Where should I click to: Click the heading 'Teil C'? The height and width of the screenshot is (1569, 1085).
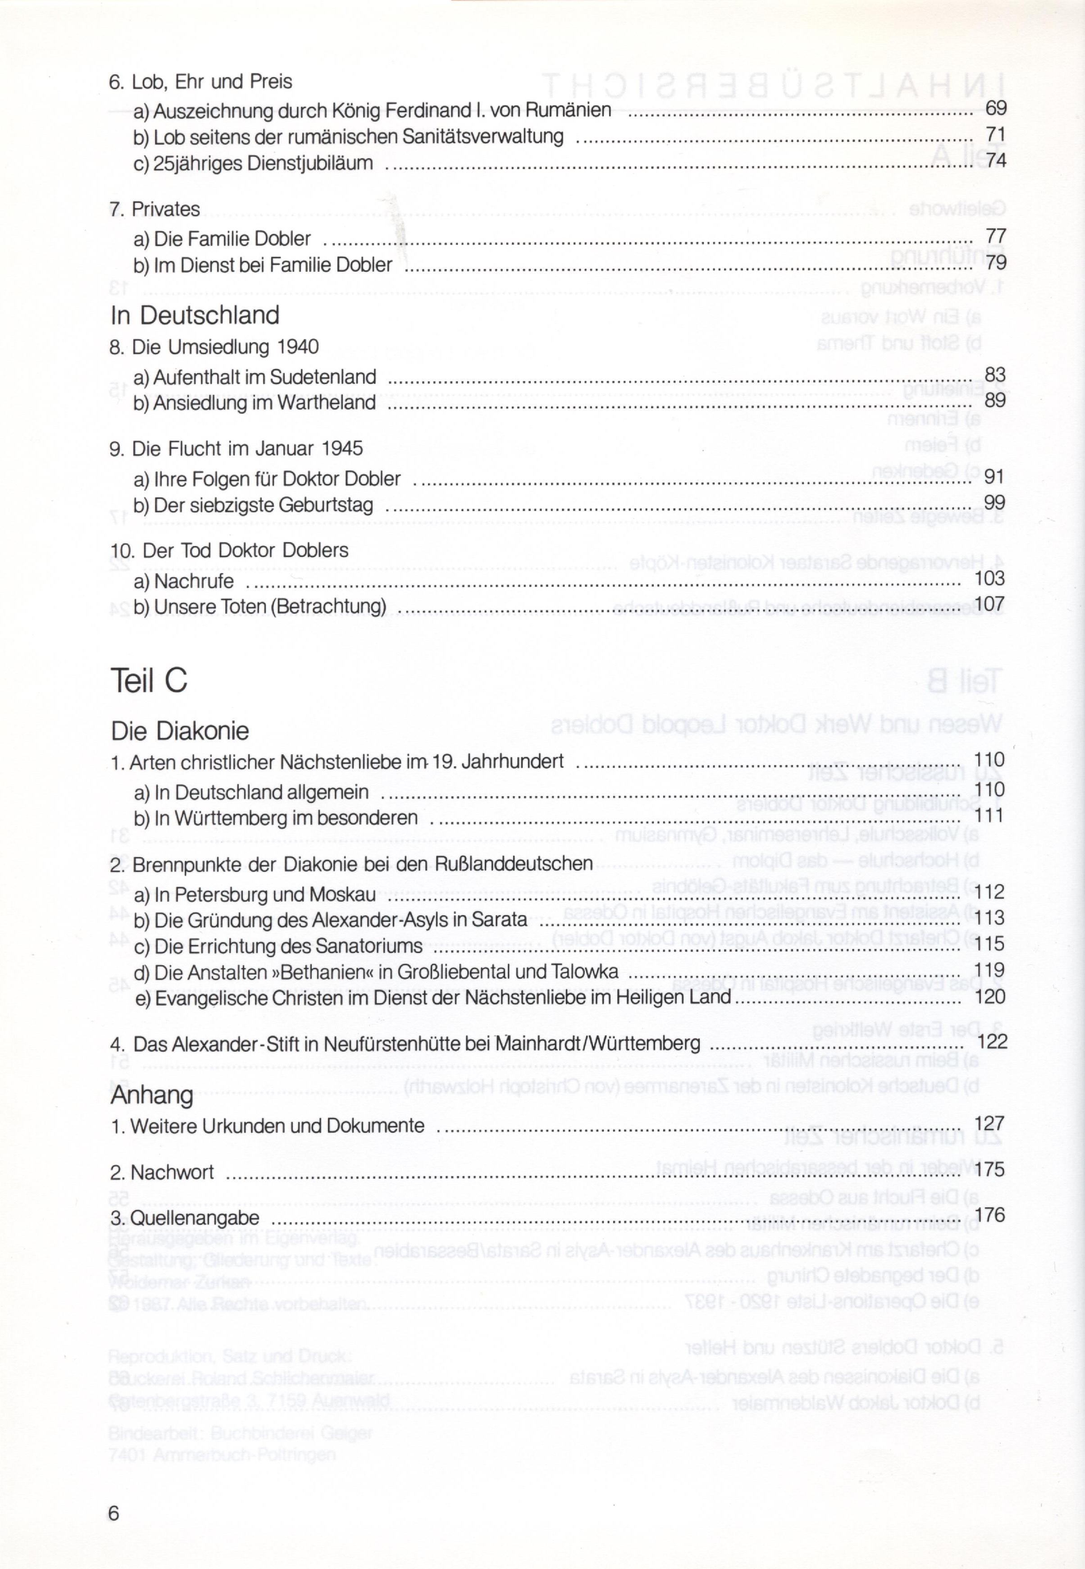tap(148, 680)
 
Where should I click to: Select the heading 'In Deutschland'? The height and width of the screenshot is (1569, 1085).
tap(195, 315)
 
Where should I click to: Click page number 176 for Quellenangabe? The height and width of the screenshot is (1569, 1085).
tap(989, 1215)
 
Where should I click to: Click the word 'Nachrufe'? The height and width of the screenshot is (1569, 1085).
tap(194, 582)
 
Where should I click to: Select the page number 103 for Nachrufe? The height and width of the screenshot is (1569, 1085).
tap(989, 579)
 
